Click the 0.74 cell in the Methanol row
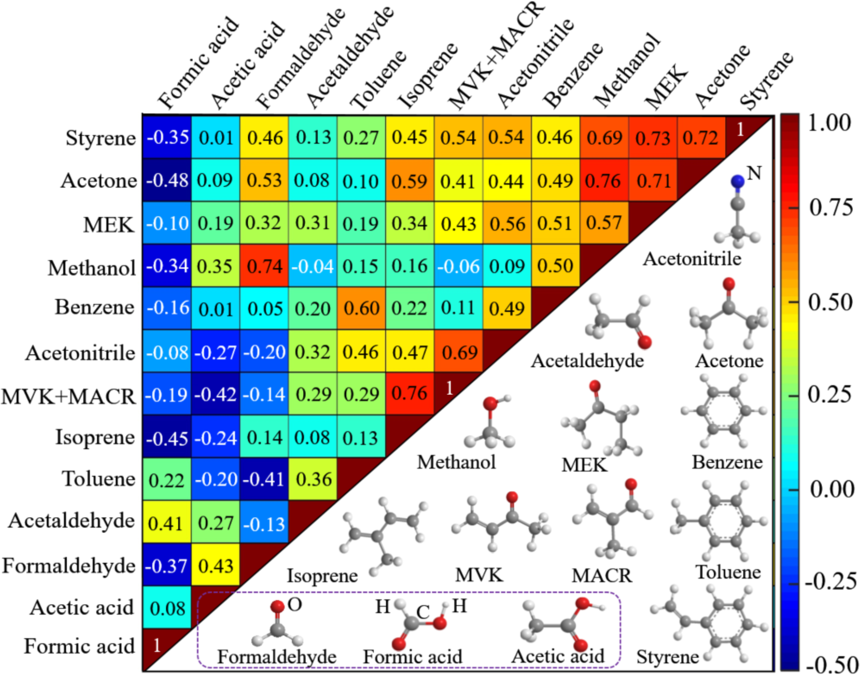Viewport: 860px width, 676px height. click(x=264, y=266)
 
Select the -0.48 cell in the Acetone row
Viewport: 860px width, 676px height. click(x=167, y=181)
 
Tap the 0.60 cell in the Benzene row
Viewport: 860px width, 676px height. click(x=361, y=308)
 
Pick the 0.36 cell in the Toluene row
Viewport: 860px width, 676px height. click(x=313, y=479)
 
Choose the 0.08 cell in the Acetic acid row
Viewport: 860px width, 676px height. click(x=167, y=608)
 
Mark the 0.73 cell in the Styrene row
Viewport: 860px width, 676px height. click(x=653, y=138)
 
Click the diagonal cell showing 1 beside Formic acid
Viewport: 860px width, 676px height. click(x=157, y=645)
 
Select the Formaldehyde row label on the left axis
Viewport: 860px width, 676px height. click(x=69, y=566)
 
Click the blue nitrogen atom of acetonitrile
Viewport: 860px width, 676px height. click(x=738, y=181)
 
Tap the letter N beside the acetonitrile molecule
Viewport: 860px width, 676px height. click(x=754, y=173)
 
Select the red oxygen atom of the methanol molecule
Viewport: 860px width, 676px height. click(x=490, y=403)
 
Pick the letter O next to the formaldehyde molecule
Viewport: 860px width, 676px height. click(x=295, y=604)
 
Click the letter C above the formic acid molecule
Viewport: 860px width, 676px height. click(x=422, y=612)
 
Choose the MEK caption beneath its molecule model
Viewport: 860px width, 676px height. click(x=584, y=465)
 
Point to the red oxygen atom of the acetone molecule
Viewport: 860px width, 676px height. click(x=729, y=283)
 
